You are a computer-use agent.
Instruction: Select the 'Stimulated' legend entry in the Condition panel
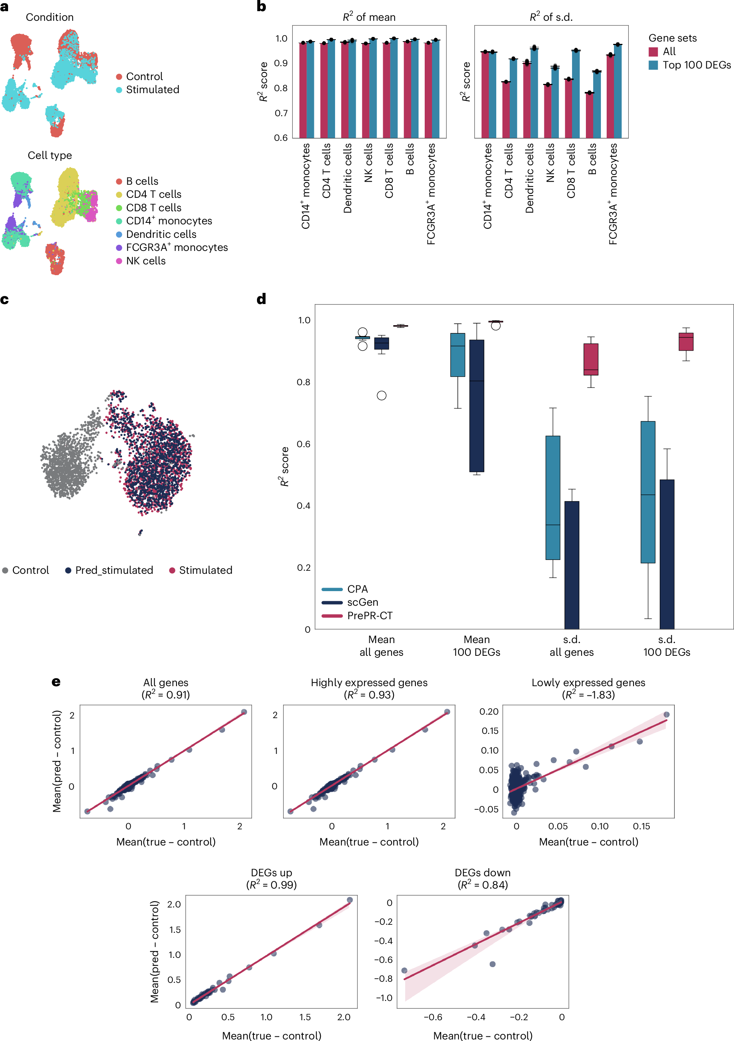(x=152, y=90)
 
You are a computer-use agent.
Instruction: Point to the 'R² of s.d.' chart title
(x=551, y=17)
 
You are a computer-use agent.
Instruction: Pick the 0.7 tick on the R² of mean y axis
(x=281, y=113)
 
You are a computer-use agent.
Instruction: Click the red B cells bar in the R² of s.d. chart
(x=589, y=115)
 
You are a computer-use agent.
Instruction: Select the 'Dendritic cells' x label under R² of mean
(x=347, y=178)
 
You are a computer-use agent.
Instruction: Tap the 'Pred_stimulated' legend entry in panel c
(x=114, y=570)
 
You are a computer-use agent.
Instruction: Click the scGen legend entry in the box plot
(x=362, y=602)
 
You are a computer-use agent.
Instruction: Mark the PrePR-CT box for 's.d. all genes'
(x=591, y=359)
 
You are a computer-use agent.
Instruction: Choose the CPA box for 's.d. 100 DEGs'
(x=648, y=492)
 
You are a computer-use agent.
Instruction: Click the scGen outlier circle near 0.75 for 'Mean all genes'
(x=382, y=395)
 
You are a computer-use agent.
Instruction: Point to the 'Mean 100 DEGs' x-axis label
(x=477, y=646)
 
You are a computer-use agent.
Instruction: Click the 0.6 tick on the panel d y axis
(x=304, y=444)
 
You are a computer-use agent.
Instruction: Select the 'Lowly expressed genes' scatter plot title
(x=588, y=682)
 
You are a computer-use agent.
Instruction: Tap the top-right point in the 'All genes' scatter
(x=244, y=712)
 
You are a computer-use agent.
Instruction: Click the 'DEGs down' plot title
(x=482, y=872)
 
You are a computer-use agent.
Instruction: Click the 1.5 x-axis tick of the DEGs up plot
(x=305, y=1017)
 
